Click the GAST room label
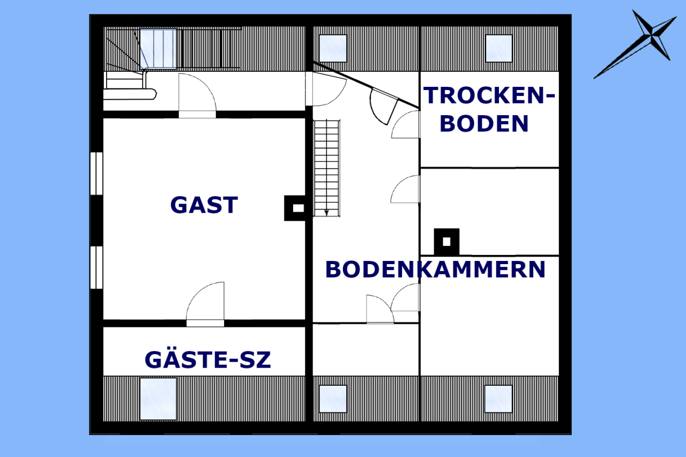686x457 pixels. [204, 205]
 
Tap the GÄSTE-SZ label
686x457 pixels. [207, 360]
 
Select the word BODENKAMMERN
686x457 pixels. [435, 269]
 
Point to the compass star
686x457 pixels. [652, 39]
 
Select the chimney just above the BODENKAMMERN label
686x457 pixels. [446, 242]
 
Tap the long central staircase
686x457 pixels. [326, 166]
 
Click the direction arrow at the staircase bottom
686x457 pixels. [326, 212]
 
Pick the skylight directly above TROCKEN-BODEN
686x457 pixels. [499, 48]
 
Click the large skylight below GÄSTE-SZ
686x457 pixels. [158, 399]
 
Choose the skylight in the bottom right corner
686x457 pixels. [498, 399]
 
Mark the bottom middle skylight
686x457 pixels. [333, 399]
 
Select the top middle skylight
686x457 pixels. [333, 48]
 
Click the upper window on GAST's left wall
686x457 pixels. [96, 174]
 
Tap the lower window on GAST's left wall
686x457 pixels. [96, 267]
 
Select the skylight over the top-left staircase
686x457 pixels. [159, 48]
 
